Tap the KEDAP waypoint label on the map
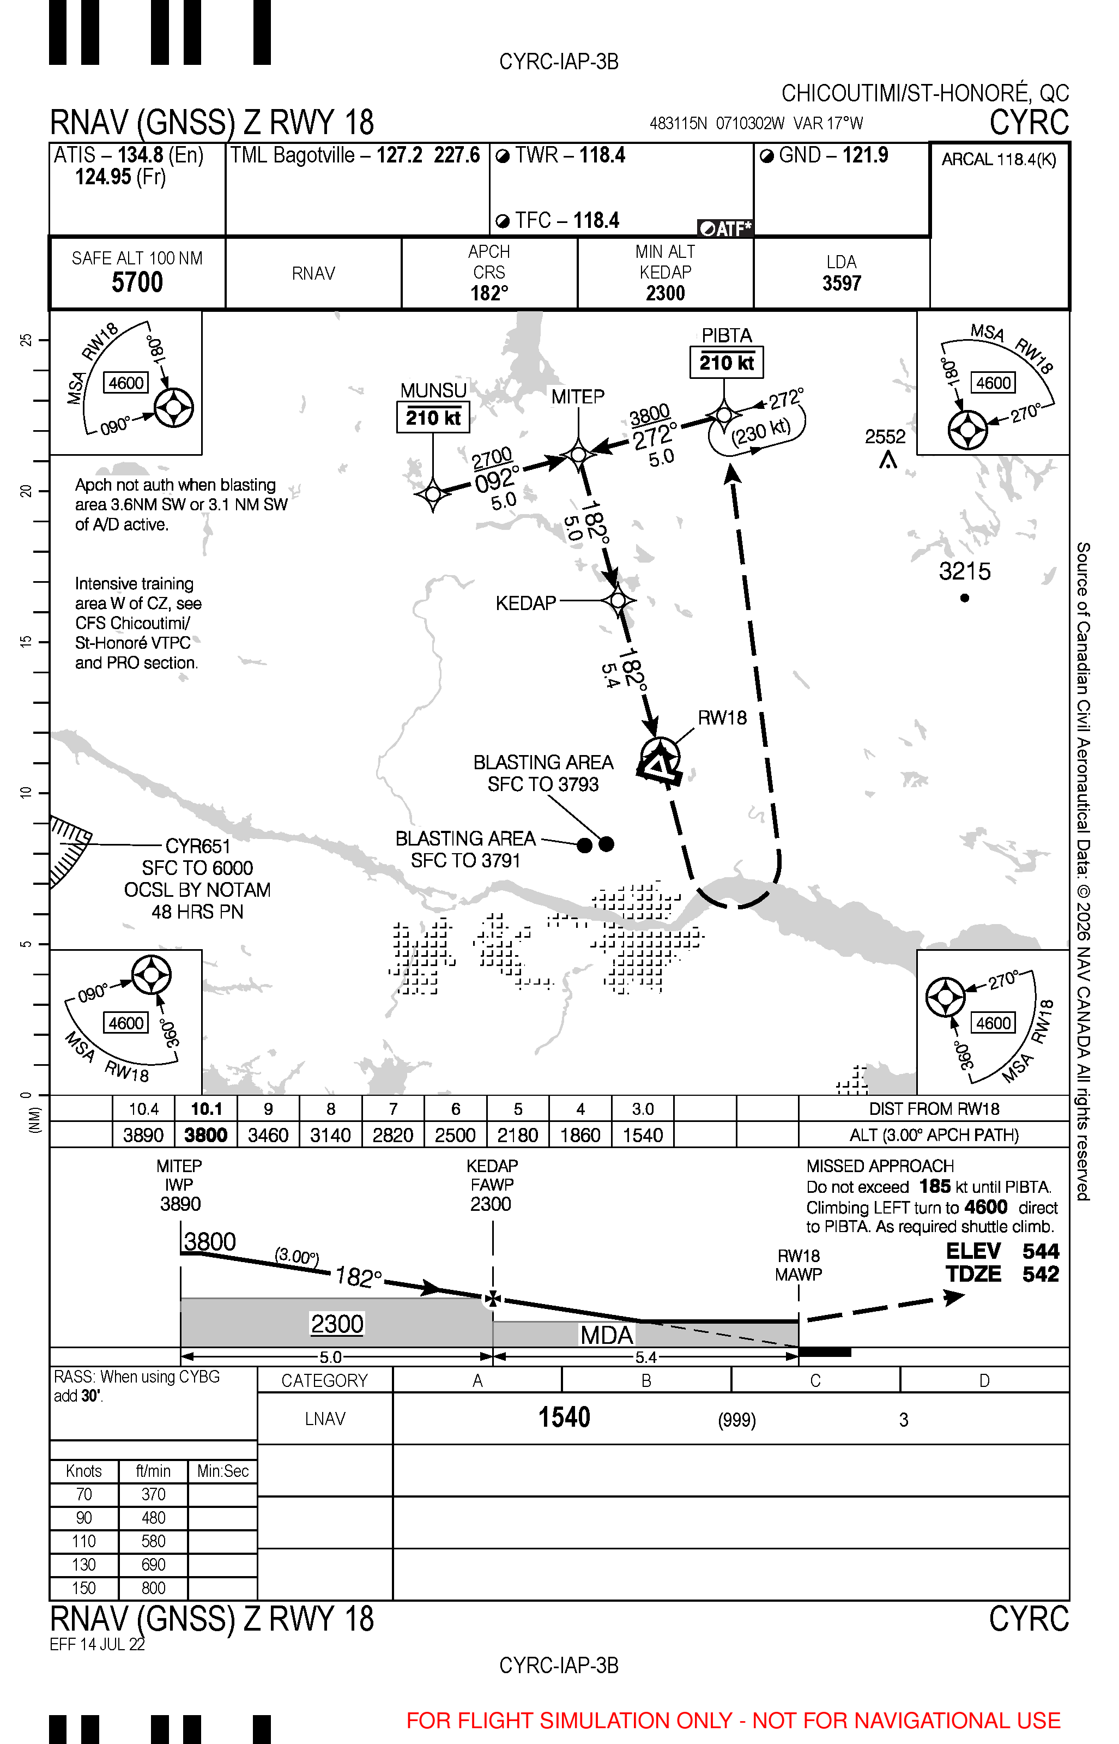tap(525, 603)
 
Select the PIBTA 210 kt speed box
tap(726, 363)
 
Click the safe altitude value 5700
tap(137, 282)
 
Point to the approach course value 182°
tap(489, 293)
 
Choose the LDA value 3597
tap(842, 283)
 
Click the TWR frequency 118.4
tap(602, 155)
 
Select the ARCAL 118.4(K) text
tap(999, 160)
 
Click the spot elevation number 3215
tap(964, 572)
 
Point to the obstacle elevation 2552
tap(885, 437)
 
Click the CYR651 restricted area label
tap(198, 847)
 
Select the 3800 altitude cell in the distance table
tap(205, 1135)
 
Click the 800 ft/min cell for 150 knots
tap(153, 1588)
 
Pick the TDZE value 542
tap(1041, 1274)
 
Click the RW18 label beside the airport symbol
tap(722, 718)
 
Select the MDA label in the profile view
tap(607, 1335)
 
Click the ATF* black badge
tap(724, 229)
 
